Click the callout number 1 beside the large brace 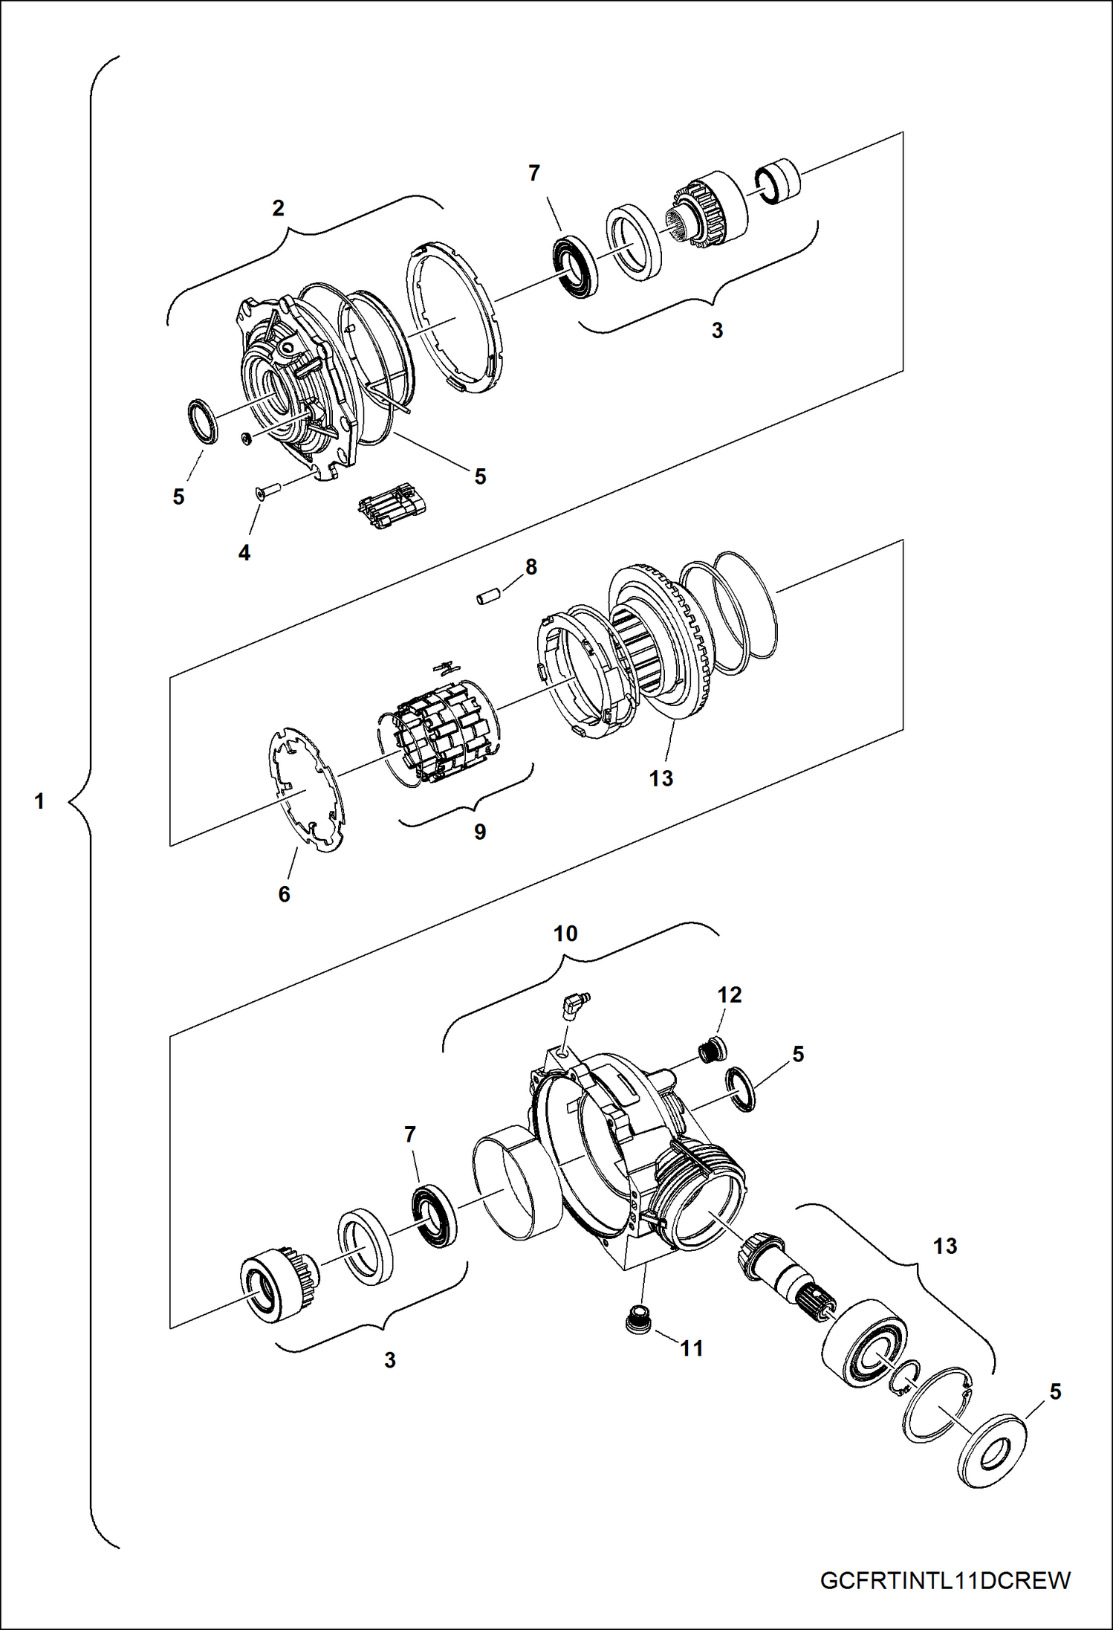pyautogui.click(x=39, y=801)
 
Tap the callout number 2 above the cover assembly pyautogui.click(x=278, y=208)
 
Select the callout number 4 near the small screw pyautogui.click(x=244, y=552)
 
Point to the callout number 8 pyautogui.click(x=531, y=566)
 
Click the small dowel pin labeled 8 pyautogui.click(x=487, y=597)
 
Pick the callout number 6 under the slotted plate pyautogui.click(x=284, y=894)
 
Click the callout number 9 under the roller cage pyautogui.click(x=480, y=831)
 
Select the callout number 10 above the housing pyautogui.click(x=565, y=934)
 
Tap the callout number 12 pyautogui.click(x=730, y=995)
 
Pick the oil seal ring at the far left pyautogui.click(x=201, y=421)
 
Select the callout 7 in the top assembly pyautogui.click(x=534, y=173)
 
